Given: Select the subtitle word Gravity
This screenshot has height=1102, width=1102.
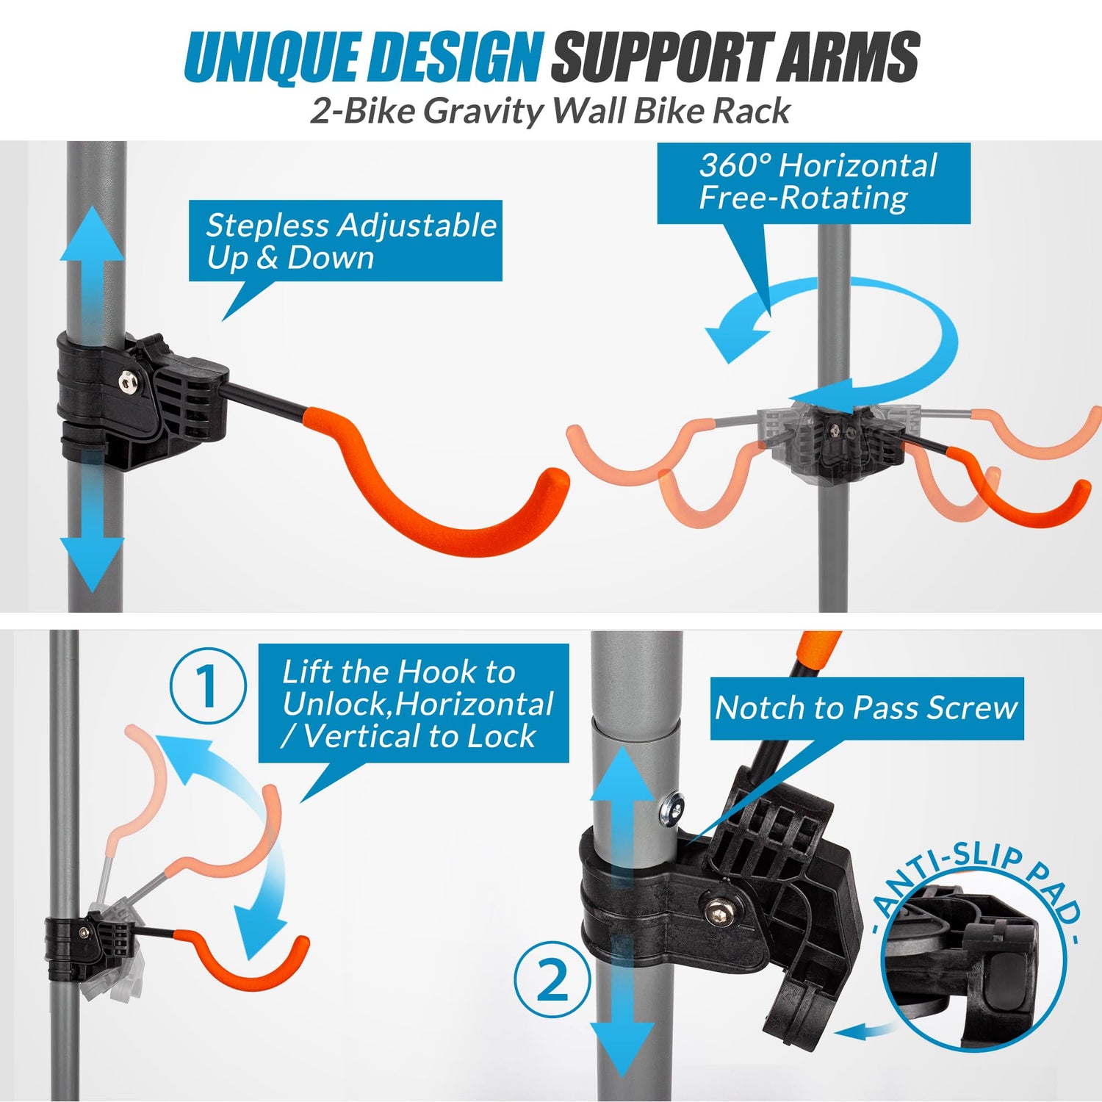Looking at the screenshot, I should pos(483,111).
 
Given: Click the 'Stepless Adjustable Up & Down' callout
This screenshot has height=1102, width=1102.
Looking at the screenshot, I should pos(345,241).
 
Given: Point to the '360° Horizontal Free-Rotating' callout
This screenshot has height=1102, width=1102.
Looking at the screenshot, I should pos(813,182).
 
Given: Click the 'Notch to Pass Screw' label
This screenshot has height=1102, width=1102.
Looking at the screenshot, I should pos(866,708).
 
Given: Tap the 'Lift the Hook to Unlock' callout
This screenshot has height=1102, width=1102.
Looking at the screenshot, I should pos(414,704).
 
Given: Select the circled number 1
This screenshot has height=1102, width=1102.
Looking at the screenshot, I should pos(208,686).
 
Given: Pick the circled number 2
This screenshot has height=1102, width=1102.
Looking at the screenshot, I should pos(552,979).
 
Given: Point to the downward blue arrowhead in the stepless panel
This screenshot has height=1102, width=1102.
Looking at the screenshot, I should pos(92,564).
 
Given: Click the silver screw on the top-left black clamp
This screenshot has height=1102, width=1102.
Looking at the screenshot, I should pos(130,380).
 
